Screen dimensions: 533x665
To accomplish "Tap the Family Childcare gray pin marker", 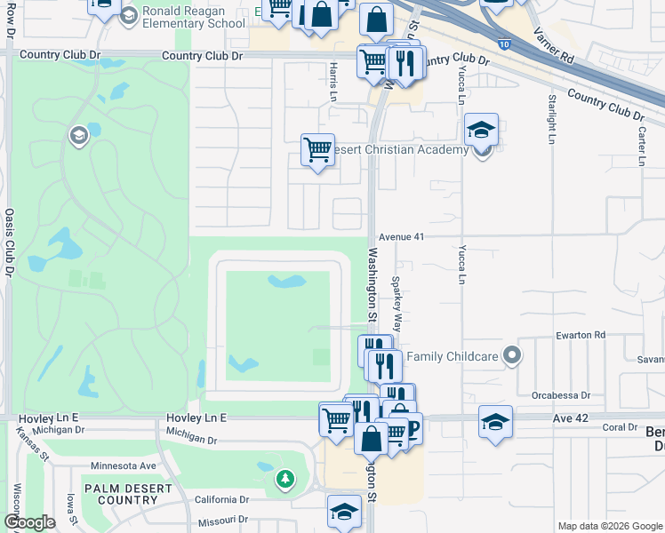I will (511, 356).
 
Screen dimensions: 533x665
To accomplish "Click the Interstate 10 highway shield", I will (504, 42).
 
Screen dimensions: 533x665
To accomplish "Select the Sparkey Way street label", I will (397, 304).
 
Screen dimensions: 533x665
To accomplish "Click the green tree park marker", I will (284, 480).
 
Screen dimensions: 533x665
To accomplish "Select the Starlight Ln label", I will (551, 119).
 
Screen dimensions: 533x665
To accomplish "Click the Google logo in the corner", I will (29, 522).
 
